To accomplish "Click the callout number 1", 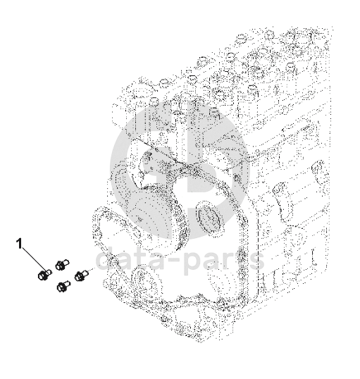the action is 19,244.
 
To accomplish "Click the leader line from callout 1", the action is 35,259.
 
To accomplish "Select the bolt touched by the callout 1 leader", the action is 45,275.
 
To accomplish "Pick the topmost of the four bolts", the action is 62,264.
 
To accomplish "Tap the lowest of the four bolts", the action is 63,286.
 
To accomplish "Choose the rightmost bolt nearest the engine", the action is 82,275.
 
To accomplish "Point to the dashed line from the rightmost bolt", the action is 92,270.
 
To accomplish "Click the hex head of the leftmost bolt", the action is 42,275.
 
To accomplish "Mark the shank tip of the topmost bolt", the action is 68,261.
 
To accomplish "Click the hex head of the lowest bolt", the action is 61,287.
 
